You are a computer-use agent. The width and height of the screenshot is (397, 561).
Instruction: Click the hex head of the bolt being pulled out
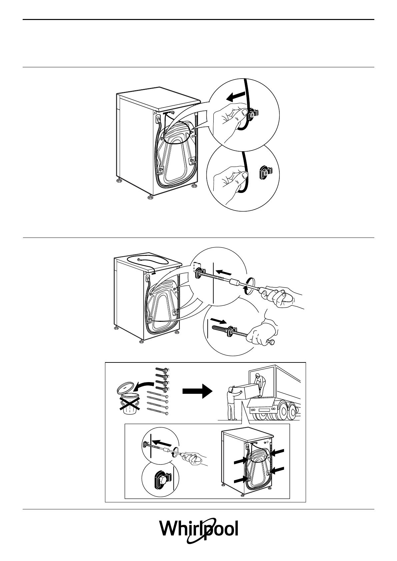(272, 342)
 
